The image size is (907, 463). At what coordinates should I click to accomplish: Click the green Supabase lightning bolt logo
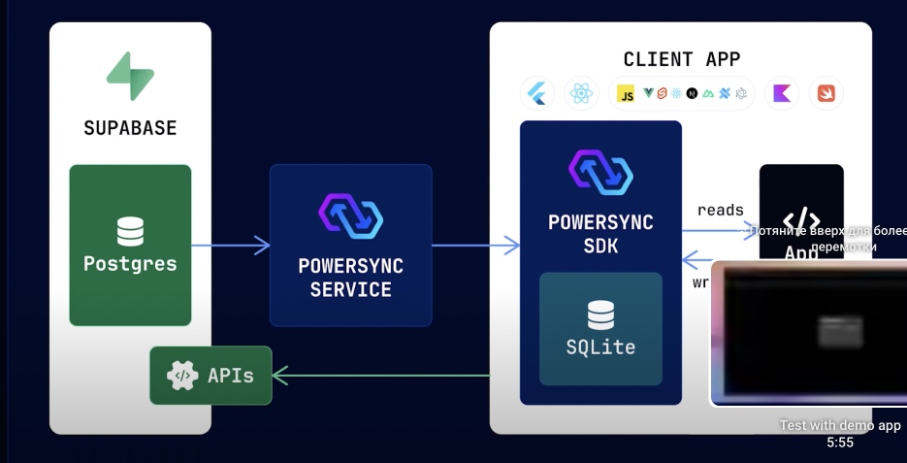(x=130, y=77)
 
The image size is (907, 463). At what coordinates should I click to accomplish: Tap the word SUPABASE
(x=130, y=128)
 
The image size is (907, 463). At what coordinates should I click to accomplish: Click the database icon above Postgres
(x=130, y=232)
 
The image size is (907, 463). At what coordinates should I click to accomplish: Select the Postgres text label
(x=130, y=263)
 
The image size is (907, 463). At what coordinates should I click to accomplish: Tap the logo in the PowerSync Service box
(x=350, y=215)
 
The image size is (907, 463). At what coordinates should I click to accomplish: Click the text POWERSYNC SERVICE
(x=350, y=277)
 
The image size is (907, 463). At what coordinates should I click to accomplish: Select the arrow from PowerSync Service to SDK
(x=475, y=246)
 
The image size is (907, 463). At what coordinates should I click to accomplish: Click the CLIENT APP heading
(x=681, y=59)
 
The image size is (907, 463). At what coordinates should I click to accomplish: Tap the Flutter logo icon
(x=536, y=93)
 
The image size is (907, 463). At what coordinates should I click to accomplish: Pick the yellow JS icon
(x=626, y=94)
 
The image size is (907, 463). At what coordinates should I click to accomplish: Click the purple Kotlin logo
(x=781, y=93)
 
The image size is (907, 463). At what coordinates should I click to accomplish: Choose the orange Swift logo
(x=826, y=93)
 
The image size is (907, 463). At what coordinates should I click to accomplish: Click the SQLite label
(x=600, y=346)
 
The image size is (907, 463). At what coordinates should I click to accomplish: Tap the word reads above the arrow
(x=720, y=210)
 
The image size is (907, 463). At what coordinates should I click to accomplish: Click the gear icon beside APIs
(x=181, y=375)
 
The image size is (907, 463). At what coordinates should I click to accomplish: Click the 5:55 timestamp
(x=839, y=442)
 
